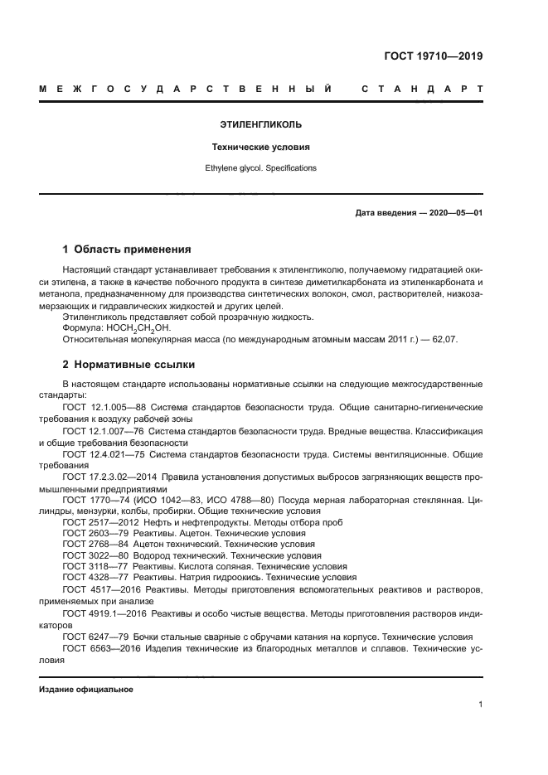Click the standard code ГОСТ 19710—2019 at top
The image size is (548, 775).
(434, 57)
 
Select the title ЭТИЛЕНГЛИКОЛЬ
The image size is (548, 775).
(260, 125)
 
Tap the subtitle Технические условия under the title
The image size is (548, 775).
(260, 147)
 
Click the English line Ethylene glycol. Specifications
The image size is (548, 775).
(260, 167)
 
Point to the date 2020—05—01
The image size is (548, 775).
(453, 213)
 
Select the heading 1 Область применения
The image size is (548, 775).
(128, 249)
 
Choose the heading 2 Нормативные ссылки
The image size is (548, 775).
(129, 364)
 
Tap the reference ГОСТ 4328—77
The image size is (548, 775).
(90, 577)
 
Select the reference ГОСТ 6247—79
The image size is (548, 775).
(90, 637)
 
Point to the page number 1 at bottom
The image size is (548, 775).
(480, 705)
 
